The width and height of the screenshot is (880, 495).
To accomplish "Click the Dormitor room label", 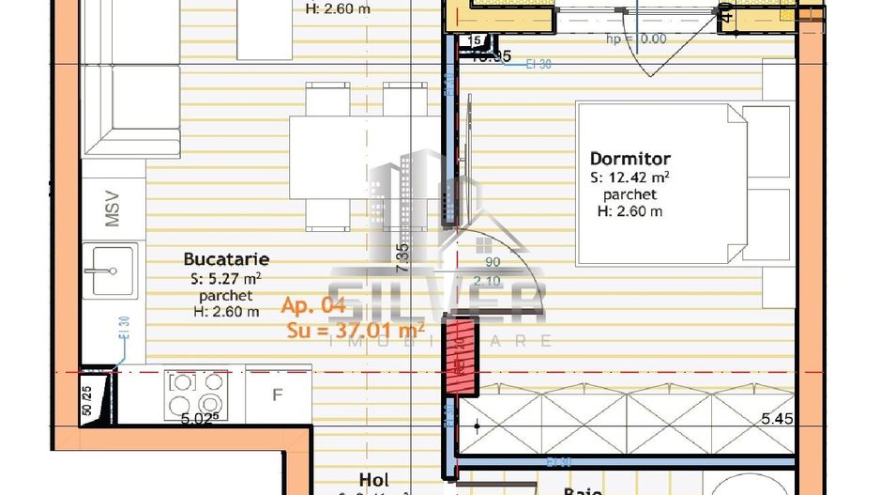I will point(630,159).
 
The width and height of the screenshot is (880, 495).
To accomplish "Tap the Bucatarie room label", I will point(227,259).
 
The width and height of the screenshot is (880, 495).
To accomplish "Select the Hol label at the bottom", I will point(372,480).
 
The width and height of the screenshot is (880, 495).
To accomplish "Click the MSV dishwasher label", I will point(113,209).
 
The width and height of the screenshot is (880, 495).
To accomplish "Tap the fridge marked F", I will point(277,394).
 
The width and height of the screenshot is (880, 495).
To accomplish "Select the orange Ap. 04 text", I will point(314,305).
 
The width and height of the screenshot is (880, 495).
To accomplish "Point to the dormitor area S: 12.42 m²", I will point(630,177).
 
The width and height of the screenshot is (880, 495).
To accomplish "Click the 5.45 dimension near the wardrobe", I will point(776,419).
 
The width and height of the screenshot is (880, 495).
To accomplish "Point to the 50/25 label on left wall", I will point(87,400).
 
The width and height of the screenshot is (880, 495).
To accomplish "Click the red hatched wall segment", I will point(460,351).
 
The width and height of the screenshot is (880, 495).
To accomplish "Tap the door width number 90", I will point(492,264).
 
